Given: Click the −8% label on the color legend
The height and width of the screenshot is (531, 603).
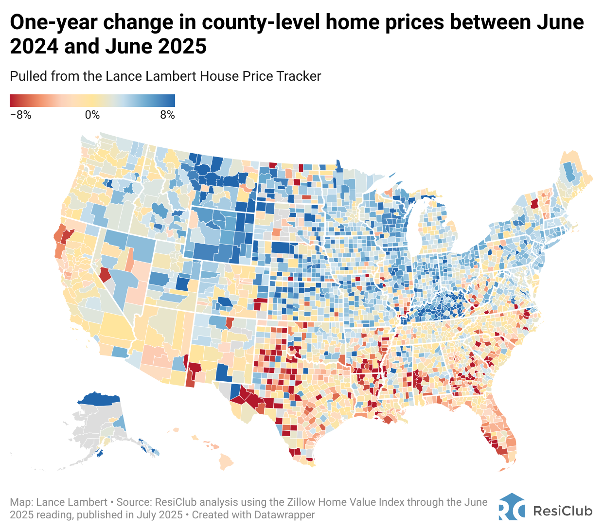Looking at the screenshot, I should point(20,115).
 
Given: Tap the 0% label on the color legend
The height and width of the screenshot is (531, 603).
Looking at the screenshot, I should point(92,115).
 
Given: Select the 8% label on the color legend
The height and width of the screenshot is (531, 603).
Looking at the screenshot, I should point(167,115).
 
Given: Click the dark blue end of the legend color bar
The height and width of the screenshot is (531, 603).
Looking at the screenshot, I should point(171,100).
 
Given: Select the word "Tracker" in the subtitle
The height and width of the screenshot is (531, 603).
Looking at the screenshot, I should point(299,76).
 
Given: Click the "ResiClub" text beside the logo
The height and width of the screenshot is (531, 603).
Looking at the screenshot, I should point(563,511).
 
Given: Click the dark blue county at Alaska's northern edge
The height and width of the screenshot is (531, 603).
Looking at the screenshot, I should point(99,400).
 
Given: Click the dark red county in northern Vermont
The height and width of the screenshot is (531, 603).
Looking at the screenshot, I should point(534,203).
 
